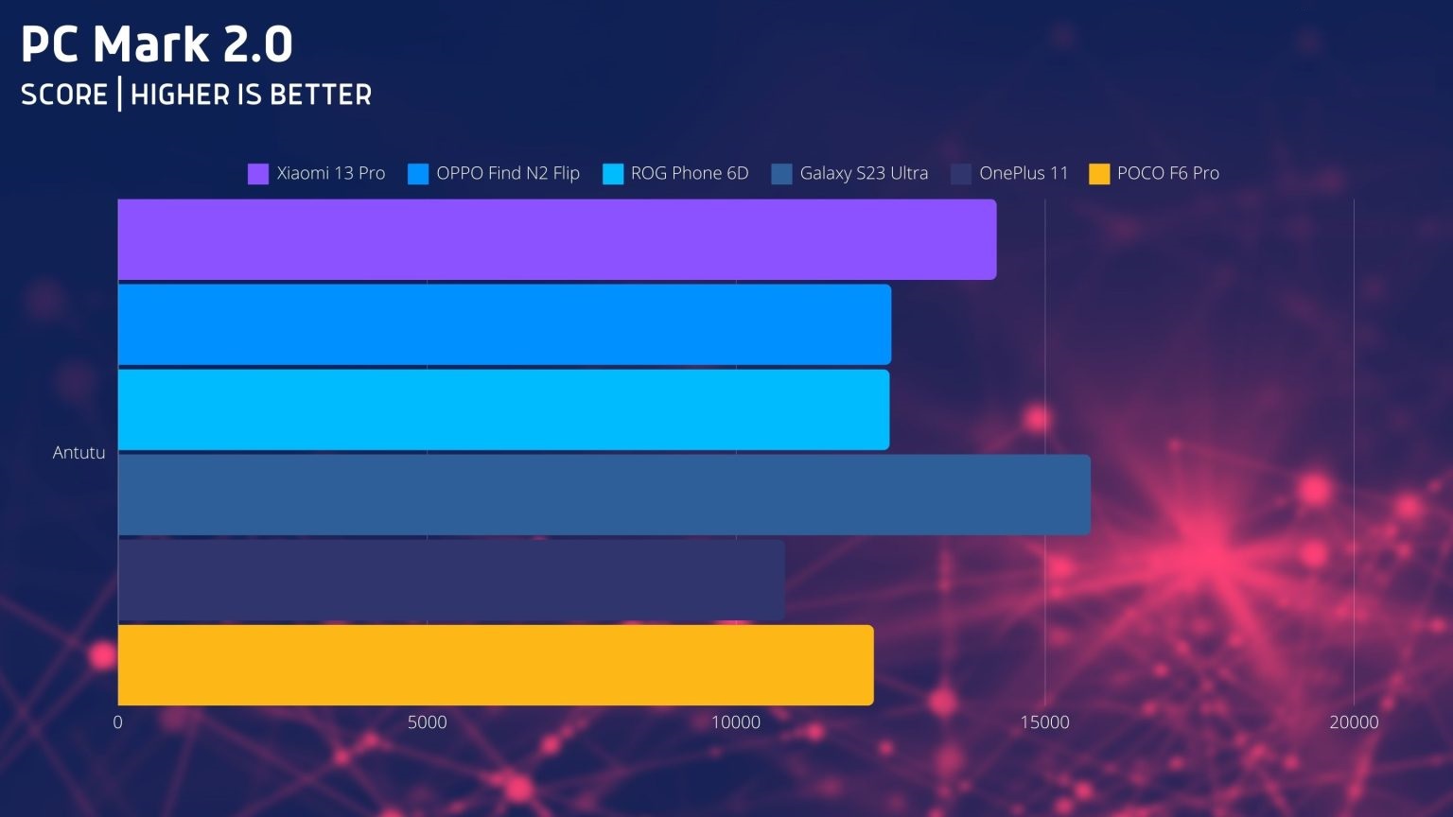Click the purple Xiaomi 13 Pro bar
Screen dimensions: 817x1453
tap(557, 239)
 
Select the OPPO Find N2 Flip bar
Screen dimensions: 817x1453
tap(504, 324)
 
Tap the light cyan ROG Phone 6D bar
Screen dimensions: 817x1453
tap(503, 409)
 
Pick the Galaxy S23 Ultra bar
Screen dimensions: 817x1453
tap(604, 495)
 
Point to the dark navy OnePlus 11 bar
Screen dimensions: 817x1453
tap(451, 580)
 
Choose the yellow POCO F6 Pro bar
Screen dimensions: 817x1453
tap(496, 665)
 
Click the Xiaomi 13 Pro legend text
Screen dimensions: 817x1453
tap(330, 173)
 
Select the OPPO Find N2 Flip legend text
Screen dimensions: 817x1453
tap(507, 173)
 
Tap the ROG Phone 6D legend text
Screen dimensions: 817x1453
tap(689, 173)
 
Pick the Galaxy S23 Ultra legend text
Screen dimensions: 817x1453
tap(863, 173)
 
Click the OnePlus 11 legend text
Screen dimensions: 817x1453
tap(1023, 173)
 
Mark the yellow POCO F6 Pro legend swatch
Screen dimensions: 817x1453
tap(1098, 174)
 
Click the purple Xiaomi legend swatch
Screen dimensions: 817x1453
tap(257, 174)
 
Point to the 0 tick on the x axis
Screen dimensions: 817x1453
tap(118, 722)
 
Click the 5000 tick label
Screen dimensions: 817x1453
tap(427, 722)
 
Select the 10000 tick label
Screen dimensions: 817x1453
tap(736, 722)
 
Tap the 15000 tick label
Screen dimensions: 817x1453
tap(1044, 722)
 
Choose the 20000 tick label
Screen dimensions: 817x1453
tap(1354, 722)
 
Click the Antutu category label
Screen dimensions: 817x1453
tap(79, 453)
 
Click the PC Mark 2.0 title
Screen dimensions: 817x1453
tap(157, 44)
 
